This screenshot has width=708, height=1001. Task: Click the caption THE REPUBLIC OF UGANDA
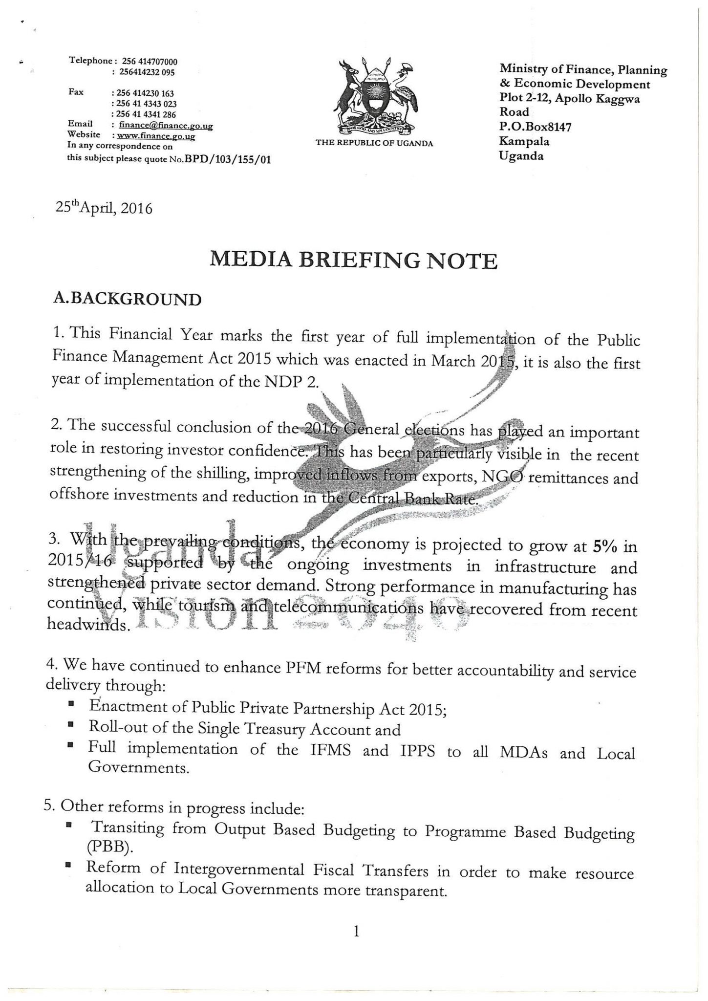point(374,143)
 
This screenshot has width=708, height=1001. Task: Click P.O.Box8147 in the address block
point(535,127)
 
